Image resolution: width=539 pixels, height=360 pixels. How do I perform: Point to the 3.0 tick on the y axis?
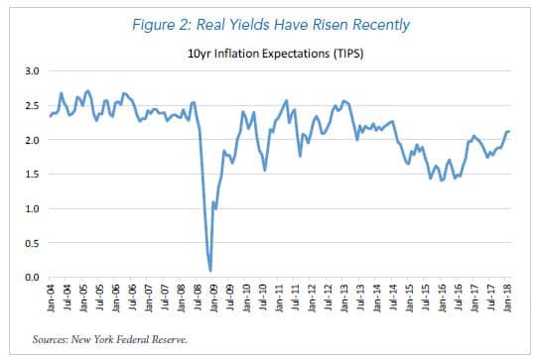point(31,72)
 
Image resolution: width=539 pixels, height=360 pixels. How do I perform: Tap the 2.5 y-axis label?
point(31,106)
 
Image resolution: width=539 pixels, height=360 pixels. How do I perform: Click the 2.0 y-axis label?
point(31,141)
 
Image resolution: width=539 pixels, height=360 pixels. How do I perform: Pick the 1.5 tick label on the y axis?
point(31,175)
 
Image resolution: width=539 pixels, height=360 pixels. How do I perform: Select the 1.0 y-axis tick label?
point(31,209)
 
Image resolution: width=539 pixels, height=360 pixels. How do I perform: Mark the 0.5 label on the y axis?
point(31,243)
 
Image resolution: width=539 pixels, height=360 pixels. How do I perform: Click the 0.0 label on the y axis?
point(31,278)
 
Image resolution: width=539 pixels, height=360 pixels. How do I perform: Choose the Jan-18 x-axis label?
point(509,299)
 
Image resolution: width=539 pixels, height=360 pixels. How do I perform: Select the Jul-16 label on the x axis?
point(460,299)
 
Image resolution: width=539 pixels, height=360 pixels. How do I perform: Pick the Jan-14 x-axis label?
point(378,299)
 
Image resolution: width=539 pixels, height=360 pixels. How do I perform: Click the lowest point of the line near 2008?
point(210,271)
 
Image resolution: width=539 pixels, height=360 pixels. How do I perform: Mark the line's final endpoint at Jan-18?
point(510,132)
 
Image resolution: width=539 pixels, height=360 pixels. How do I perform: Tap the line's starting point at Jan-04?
point(50,116)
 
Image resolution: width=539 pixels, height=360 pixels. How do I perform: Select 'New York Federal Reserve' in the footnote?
point(142,339)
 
